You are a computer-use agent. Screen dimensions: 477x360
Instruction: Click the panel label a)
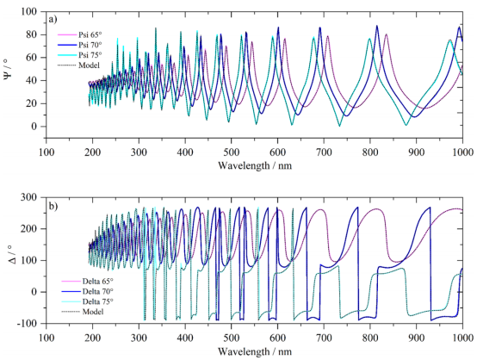click(x=53, y=20)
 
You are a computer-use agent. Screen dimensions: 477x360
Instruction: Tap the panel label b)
click(x=53, y=207)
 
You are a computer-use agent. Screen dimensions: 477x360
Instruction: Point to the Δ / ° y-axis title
click(x=12, y=259)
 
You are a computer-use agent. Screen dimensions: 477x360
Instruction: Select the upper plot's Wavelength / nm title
click(x=255, y=165)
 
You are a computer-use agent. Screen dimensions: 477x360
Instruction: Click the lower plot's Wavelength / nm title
click(x=255, y=351)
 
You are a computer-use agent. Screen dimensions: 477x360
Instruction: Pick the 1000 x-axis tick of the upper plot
click(x=462, y=152)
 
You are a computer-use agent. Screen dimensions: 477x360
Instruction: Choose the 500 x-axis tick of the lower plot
click(x=232, y=338)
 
